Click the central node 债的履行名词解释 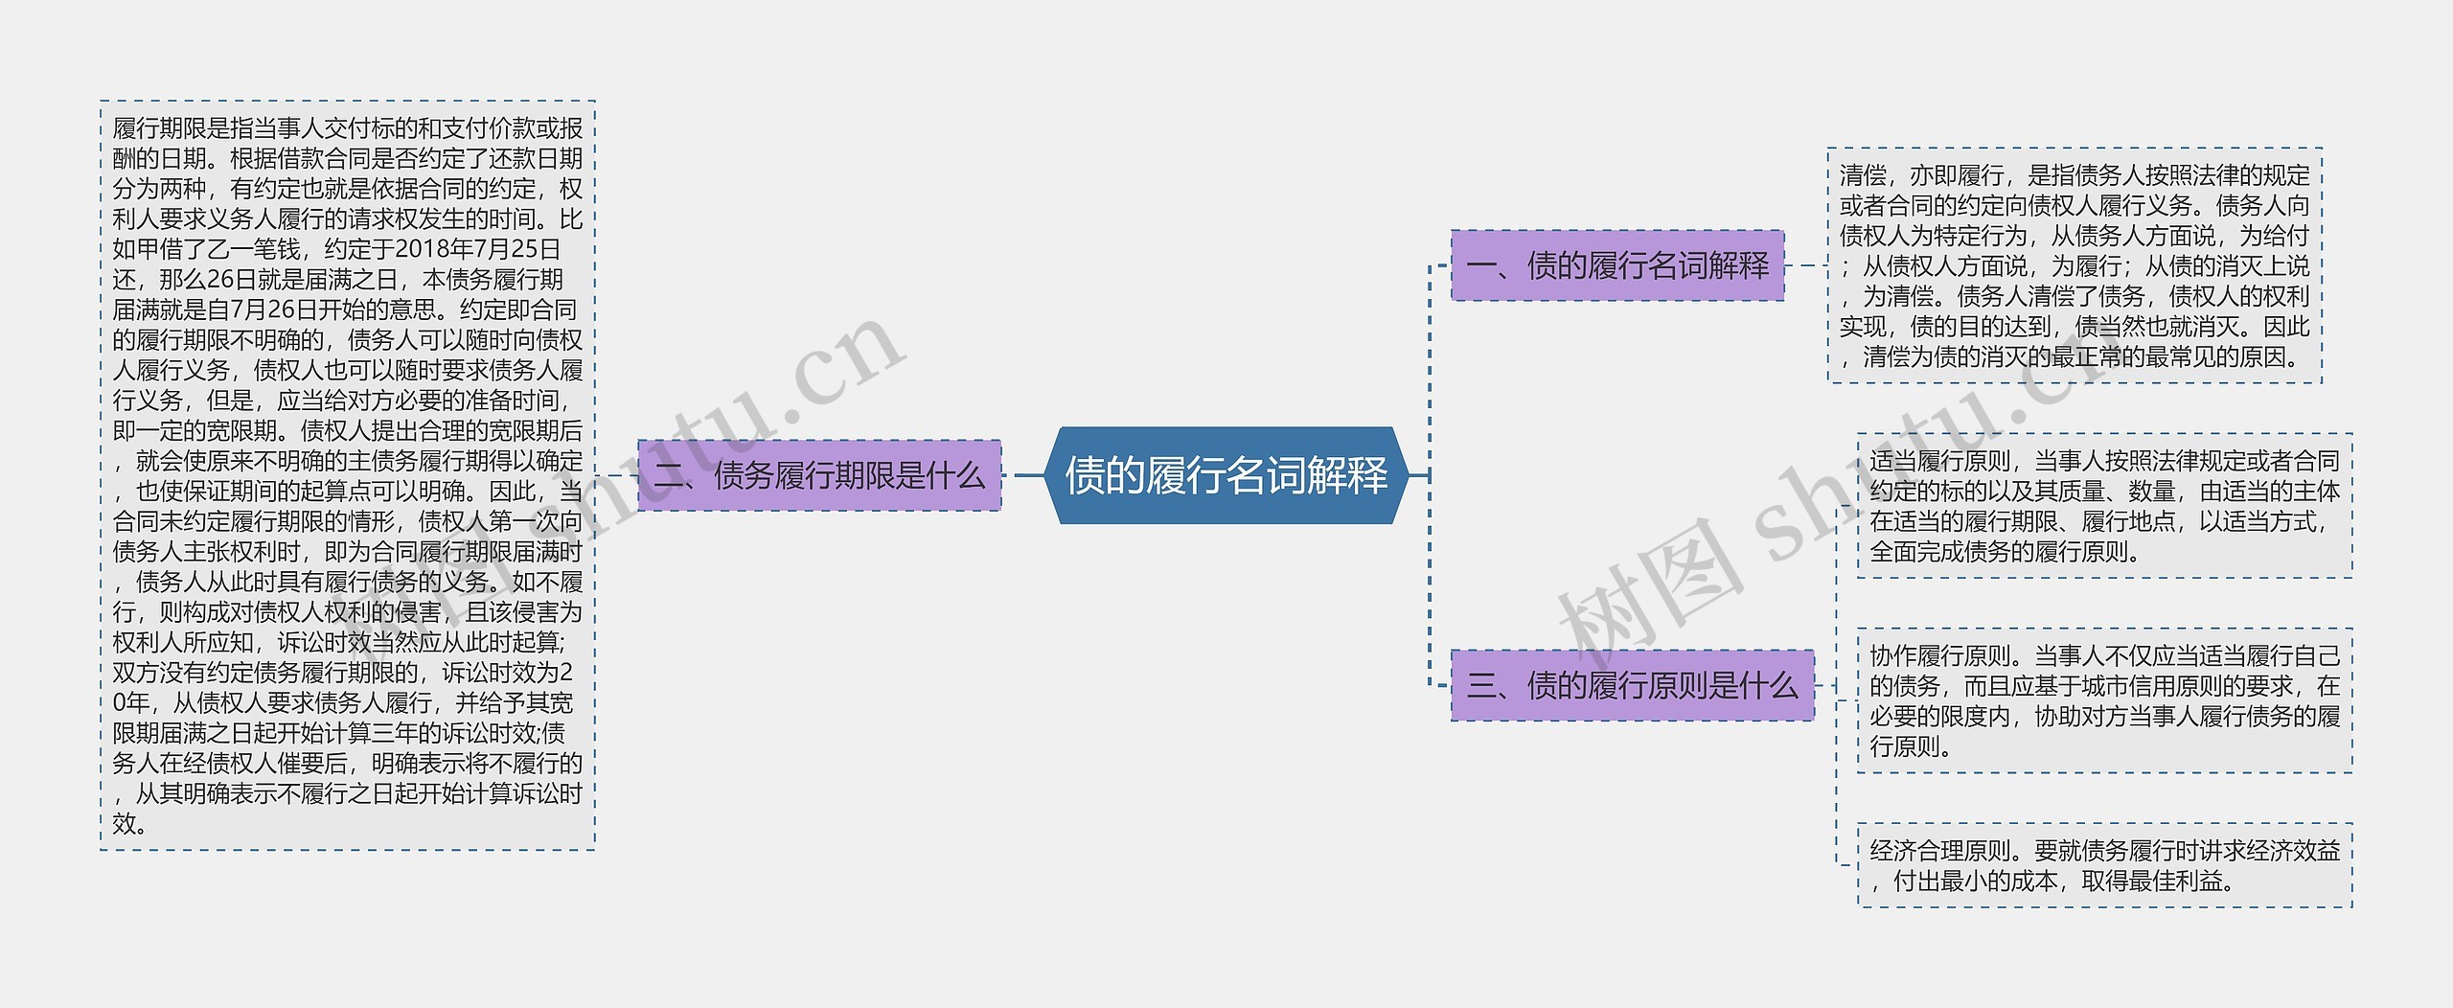tap(1226, 475)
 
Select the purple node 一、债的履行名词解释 tap(1617, 265)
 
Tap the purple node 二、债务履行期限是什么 tap(819, 475)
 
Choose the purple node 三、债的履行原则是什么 tap(1632, 685)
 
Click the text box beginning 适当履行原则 tap(2104, 506)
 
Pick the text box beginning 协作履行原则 tap(2104, 700)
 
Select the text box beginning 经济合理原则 tap(2104, 865)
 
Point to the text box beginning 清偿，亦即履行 tap(2075, 265)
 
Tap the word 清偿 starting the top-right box tap(1863, 175)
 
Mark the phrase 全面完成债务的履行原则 tap(2005, 552)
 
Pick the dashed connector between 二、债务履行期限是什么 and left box tap(616, 475)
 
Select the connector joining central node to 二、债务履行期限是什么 tap(1025, 475)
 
